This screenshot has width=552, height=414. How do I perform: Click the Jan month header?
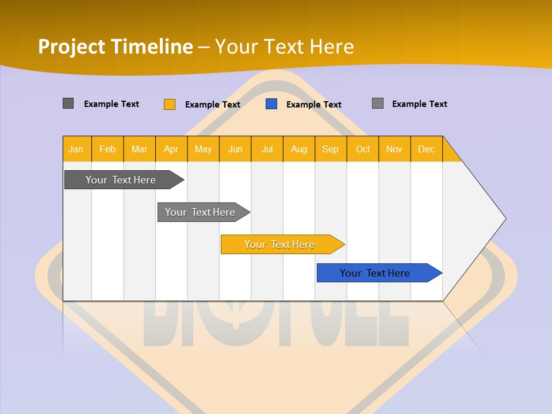pyautogui.click(x=76, y=149)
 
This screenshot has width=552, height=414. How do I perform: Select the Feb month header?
pyautogui.click(x=108, y=149)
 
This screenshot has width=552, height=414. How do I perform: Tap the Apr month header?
pyautogui.click(x=171, y=149)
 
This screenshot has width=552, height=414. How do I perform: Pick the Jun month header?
pyautogui.click(x=235, y=149)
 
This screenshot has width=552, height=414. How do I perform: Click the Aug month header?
pyautogui.click(x=298, y=149)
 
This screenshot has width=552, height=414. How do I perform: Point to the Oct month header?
pyautogui.click(x=362, y=149)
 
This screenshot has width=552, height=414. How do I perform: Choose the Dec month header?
pyautogui.click(x=426, y=149)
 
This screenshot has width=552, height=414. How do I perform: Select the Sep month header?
pyautogui.click(x=330, y=149)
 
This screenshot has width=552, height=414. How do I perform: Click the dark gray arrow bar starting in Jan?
pyautogui.click(x=121, y=180)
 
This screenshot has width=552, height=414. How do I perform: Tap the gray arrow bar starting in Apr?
pyautogui.click(x=200, y=212)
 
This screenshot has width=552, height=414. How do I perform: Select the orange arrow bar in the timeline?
pyautogui.click(x=279, y=244)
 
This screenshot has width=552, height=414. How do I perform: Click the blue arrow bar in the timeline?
pyautogui.click(x=375, y=273)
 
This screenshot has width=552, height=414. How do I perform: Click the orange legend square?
pyautogui.click(x=170, y=104)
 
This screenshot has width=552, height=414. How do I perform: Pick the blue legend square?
pyautogui.click(x=271, y=104)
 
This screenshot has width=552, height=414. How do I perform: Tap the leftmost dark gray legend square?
pyautogui.click(x=68, y=103)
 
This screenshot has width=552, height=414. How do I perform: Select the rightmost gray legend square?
pyautogui.click(x=378, y=103)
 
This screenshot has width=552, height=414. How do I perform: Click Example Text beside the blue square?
pyautogui.click(x=313, y=105)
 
